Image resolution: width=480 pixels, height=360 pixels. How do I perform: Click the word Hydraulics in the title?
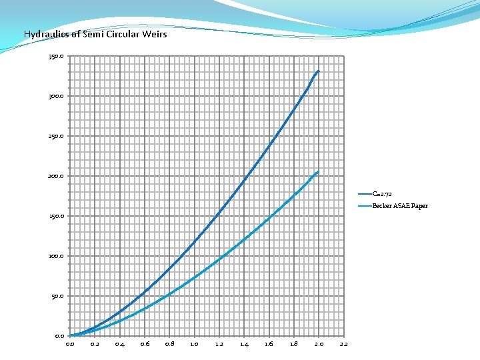41,34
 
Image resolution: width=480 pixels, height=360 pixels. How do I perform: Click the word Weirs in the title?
155,34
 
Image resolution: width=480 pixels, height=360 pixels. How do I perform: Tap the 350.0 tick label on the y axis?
57,57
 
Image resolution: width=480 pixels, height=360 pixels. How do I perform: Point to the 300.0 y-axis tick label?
57,97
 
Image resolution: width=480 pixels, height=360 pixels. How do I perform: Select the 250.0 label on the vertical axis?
57,137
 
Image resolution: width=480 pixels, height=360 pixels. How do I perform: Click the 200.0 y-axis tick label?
57,177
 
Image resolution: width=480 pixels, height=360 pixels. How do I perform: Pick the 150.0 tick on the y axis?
57,217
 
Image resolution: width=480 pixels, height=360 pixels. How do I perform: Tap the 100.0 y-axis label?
57,257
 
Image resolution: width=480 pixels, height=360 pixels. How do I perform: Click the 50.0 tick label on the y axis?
58,297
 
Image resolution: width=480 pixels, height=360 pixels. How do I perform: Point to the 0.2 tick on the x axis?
95,345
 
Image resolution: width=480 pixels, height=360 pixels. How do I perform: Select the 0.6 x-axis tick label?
145,345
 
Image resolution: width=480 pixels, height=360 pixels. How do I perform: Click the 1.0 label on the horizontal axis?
194,345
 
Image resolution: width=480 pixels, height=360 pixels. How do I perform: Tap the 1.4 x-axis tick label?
244,345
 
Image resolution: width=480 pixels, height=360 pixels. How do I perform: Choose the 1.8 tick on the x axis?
294,345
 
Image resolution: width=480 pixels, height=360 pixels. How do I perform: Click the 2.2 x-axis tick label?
343,345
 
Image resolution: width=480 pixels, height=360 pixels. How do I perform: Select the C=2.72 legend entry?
382,194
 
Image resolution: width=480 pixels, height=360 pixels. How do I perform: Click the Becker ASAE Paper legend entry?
400,206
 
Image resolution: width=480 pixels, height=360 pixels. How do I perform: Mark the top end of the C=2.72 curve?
319,71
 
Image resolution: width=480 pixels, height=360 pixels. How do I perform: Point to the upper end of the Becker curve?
318,171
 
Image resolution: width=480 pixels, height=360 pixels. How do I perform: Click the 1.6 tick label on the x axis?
269,345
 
